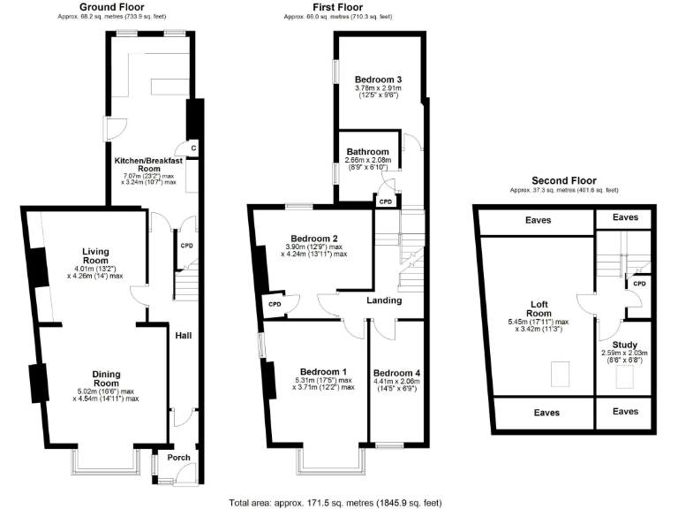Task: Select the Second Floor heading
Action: click(x=563, y=180)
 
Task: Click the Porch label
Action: click(x=179, y=458)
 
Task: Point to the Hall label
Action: click(x=184, y=336)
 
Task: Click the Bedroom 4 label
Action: click(x=396, y=372)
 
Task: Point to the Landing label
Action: click(x=386, y=300)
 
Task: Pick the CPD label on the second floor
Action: click(x=640, y=284)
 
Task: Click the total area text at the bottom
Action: click(x=335, y=501)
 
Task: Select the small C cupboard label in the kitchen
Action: click(x=192, y=148)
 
